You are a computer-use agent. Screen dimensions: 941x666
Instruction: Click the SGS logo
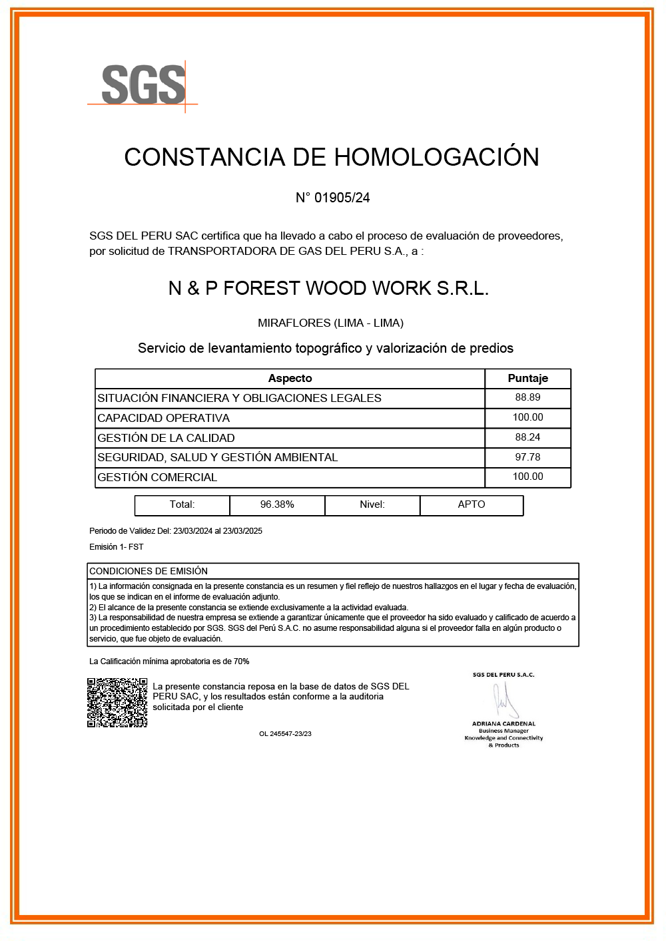pos(143,85)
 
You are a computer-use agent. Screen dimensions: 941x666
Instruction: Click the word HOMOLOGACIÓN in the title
pos(436,157)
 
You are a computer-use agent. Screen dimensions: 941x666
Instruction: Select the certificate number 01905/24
pos(342,198)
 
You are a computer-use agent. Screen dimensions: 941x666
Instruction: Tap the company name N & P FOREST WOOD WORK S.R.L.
pos(328,288)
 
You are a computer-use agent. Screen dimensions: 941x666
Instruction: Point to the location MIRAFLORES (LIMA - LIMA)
pos(330,323)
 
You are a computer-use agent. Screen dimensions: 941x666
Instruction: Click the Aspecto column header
pos(290,378)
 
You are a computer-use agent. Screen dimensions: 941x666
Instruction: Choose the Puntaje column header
pos(527,378)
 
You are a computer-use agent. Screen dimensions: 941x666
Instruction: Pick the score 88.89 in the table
pos(527,397)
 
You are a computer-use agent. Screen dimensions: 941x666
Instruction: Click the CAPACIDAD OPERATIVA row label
pos(164,418)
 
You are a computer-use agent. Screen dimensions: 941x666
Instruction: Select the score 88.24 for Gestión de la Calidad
pos(527,437)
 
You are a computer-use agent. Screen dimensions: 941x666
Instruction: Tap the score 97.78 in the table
pos(527,457)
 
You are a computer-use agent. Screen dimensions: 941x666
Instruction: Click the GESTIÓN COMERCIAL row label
pos(157,477)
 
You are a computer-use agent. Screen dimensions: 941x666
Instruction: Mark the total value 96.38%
pos(277,504)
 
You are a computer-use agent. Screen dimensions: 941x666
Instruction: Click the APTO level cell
pos(472,504)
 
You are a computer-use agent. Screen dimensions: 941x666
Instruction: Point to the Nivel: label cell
pos(372,504)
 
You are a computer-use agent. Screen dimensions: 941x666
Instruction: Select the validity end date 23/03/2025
pos(242,531)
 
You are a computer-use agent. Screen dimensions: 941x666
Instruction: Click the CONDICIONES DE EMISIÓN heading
pos(149,571)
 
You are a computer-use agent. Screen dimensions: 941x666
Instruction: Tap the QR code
pos(117,703)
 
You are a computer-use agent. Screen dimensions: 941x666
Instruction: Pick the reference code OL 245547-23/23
pos(285,734)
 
